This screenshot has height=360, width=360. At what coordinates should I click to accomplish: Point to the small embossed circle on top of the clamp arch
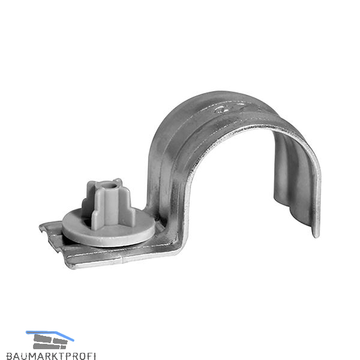tap(221, 110)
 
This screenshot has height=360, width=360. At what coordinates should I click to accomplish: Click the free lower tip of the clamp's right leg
tap(316, 235)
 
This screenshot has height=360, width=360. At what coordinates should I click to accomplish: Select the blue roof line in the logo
tap(50, 335)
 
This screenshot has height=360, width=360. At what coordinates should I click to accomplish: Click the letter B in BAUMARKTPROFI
tap(9, 356)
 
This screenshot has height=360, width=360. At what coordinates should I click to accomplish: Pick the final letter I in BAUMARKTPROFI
tap(94, 356)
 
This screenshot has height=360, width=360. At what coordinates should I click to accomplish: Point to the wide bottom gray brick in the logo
tap(46, 346)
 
